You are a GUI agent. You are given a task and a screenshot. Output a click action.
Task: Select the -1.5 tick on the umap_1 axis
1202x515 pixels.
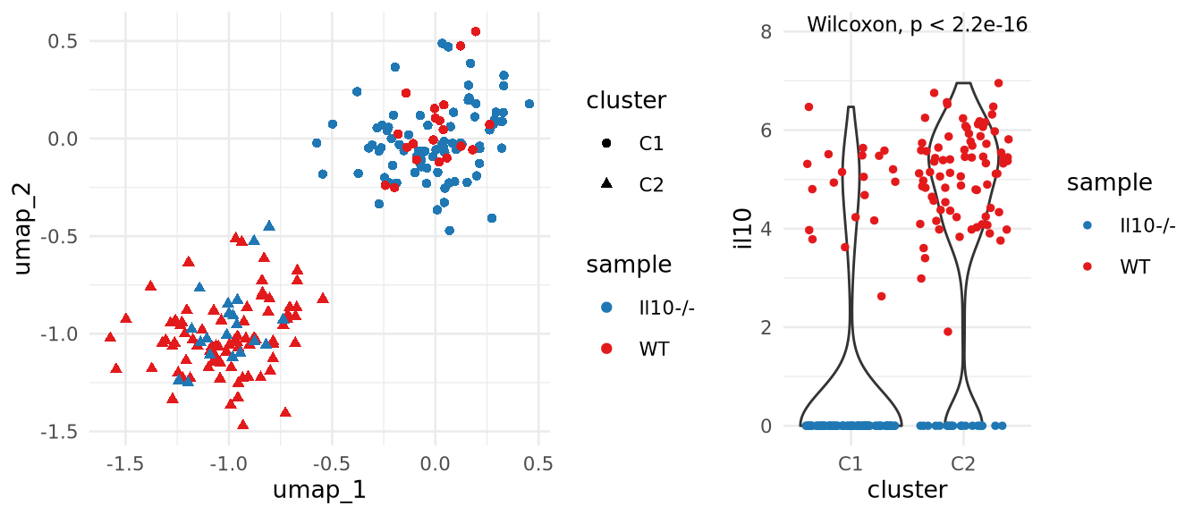[125, 465]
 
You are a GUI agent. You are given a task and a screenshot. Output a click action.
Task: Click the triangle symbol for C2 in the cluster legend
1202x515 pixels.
[606, 184]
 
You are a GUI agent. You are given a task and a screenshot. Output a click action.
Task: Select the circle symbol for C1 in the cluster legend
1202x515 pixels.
[606, 141]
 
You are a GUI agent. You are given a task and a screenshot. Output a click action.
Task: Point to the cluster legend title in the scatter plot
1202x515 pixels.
[626, 101]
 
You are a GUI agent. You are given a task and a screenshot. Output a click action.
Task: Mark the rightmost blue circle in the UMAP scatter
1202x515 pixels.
[529, 104]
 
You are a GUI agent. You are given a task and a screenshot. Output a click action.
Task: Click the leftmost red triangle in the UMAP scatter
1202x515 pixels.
[110, 337]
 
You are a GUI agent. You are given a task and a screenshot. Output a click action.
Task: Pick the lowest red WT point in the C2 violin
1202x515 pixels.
[948, 332]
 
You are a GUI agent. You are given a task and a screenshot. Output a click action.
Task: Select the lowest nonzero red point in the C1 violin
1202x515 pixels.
[881, 296]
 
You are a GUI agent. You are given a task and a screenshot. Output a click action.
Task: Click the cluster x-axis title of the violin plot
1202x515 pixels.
[907, 490]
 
